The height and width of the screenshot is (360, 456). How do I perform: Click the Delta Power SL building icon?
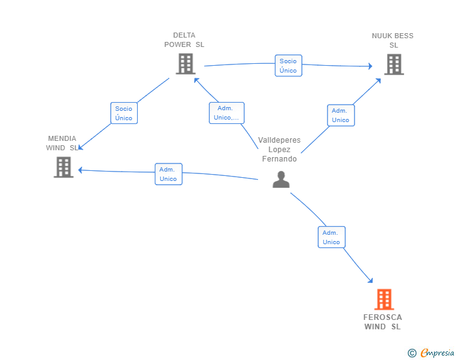point(185,64)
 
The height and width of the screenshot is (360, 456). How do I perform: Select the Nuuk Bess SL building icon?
point(394,64)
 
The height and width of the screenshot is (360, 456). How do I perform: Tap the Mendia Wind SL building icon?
point(63,167)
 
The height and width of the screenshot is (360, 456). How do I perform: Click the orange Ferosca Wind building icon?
point(384,299)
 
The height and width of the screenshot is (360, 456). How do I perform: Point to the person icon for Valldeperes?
point(281,180)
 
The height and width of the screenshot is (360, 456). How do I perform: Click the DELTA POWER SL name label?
point(184,40)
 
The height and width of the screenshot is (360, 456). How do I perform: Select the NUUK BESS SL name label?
point(393,41)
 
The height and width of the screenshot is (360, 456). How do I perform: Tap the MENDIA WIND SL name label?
point(62,143)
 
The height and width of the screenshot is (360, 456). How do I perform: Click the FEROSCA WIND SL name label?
point(383,322)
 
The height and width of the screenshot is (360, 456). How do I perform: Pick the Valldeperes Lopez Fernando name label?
point(279,150)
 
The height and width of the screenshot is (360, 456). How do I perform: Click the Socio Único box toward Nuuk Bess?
point(289,66)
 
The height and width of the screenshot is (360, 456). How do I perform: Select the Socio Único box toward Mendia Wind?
point(124,113)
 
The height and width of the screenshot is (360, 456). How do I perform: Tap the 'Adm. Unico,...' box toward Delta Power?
point(227,113)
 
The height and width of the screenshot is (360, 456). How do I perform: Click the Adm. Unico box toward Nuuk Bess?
point(341,115)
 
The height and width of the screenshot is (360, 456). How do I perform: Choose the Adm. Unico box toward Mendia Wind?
point(168,174)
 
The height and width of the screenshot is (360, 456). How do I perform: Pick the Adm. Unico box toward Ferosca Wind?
point(331,237)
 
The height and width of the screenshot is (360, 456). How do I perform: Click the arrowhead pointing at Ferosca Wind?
point(371,280)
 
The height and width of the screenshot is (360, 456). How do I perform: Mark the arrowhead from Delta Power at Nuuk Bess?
point(370,66)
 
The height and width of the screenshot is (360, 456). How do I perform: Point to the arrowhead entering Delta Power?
point(197,81)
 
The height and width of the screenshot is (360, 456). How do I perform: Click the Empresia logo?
point(431,352)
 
